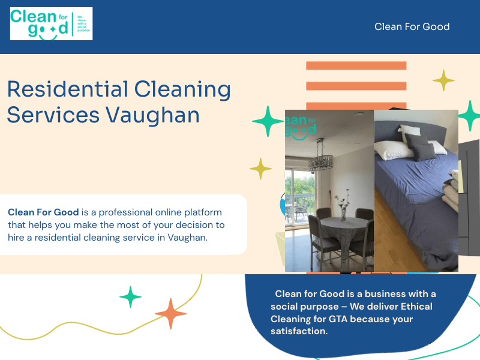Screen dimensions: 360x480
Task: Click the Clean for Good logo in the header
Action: [x=51, y=24]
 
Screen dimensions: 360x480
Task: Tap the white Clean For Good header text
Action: [x=412, y=26]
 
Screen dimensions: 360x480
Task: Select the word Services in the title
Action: [x=53, y=114]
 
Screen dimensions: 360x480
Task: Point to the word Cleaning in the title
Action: [x=182, y=89]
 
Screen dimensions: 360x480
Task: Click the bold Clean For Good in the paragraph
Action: [x=43, y=212]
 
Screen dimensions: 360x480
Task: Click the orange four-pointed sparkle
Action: [x=170, y=313]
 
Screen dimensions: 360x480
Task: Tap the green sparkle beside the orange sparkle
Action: [x=130, y=296]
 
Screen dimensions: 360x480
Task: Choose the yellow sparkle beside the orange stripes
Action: [x=443, y=80]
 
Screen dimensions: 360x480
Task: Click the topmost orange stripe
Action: [x=356, y=66]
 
